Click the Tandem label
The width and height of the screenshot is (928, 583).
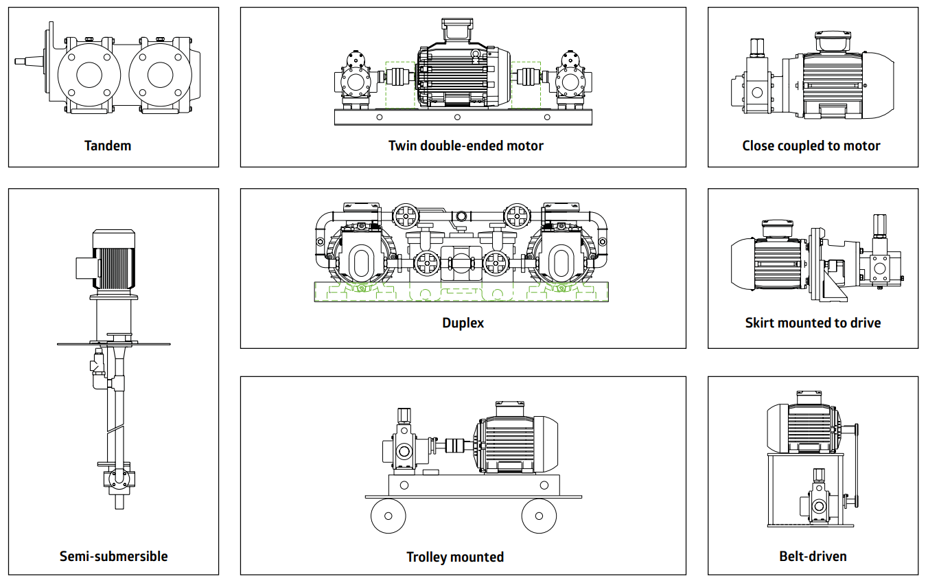[x=108, y=146]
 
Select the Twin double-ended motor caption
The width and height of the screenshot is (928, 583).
[x=465, y=146]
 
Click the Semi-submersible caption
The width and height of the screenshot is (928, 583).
[x=113, y=556]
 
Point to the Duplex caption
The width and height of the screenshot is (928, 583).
[x=463, y=323]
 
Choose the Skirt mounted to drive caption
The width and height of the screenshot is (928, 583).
[x=813, y=323]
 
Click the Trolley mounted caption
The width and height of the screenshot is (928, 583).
[x=455, y=557]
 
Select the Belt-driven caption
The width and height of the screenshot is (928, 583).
[x=813, y=556]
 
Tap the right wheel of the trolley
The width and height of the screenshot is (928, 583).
[x=538, y=516]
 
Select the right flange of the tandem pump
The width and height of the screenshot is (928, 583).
[x=160, y=74]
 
